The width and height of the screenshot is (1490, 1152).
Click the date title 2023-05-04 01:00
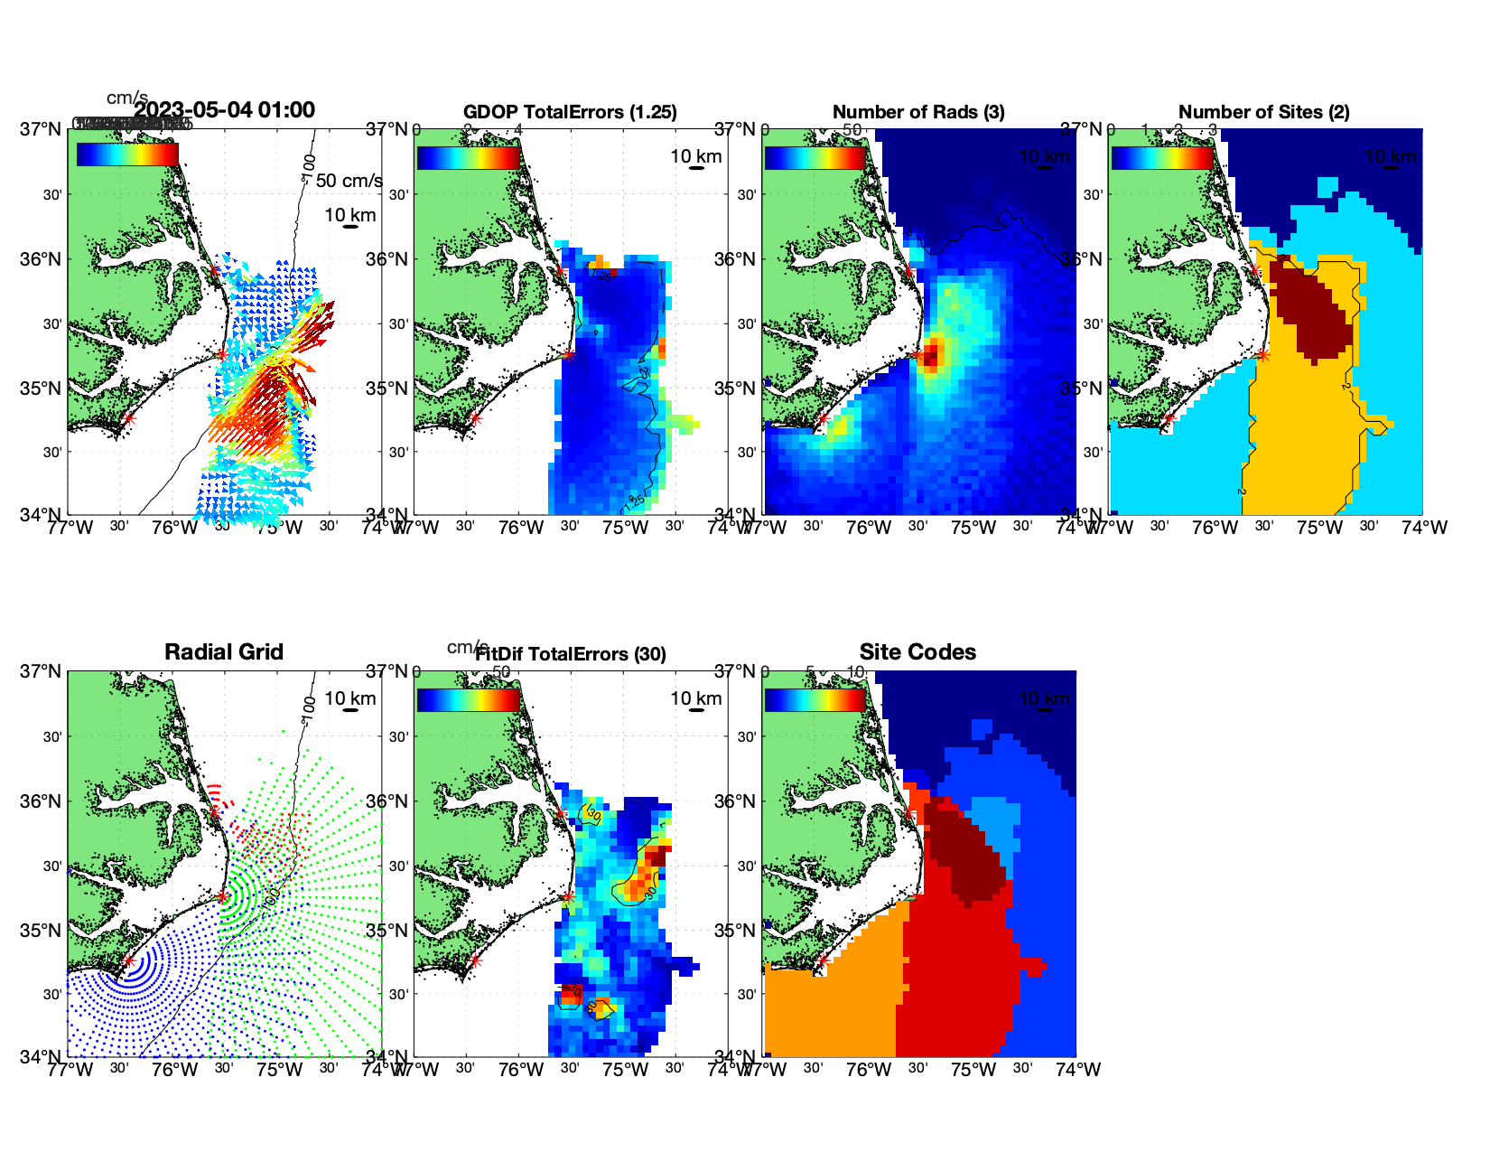coord(224,110)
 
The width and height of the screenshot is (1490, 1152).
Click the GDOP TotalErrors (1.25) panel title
coord(570,112)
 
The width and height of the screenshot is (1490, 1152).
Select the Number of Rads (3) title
coord(918,112)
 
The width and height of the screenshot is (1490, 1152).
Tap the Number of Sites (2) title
coord(1263,112)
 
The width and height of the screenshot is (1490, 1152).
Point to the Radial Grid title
coord(224,652)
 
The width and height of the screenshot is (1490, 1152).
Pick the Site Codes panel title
coord(917,652)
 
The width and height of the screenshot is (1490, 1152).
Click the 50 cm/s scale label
coord(349,181)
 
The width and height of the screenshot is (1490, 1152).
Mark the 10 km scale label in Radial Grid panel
coord(349,698)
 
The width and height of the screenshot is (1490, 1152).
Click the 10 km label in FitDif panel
coord(695,698)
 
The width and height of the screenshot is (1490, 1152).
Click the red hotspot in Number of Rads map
coord(931,354)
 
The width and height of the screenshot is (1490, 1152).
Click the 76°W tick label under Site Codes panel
coord(869,1070)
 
